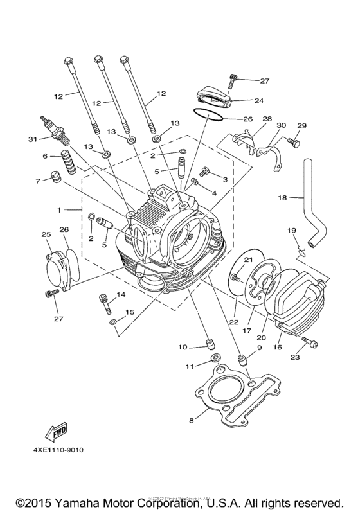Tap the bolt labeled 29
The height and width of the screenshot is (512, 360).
click(294, 140)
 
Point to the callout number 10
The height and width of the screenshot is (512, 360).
click(183, 347)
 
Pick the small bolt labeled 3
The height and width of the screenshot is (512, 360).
click(205, 172)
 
